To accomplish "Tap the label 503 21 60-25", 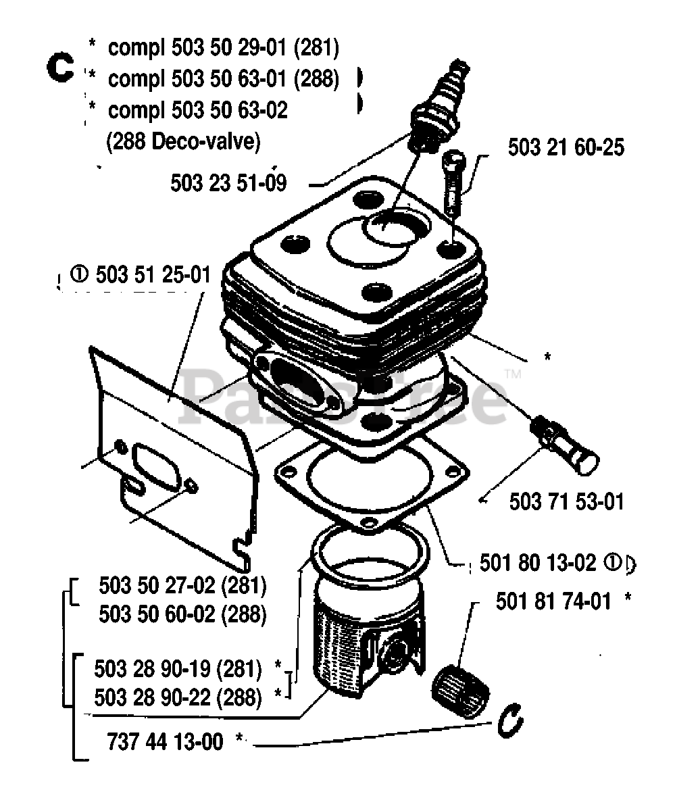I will coord(566,148).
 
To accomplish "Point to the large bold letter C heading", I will coord(59,68).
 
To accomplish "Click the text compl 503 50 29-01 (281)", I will coord(223,48).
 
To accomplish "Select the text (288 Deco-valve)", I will coord(183,142).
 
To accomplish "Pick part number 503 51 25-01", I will coord(153,275).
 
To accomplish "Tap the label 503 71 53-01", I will coord(566,501).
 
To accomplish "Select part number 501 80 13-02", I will coord(538,563).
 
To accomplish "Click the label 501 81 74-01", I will coord(553,601).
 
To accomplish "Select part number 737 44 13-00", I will coord(165,741).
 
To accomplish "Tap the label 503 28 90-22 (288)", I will coord(178,697).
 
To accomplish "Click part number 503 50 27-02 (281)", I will coord(182,585).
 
